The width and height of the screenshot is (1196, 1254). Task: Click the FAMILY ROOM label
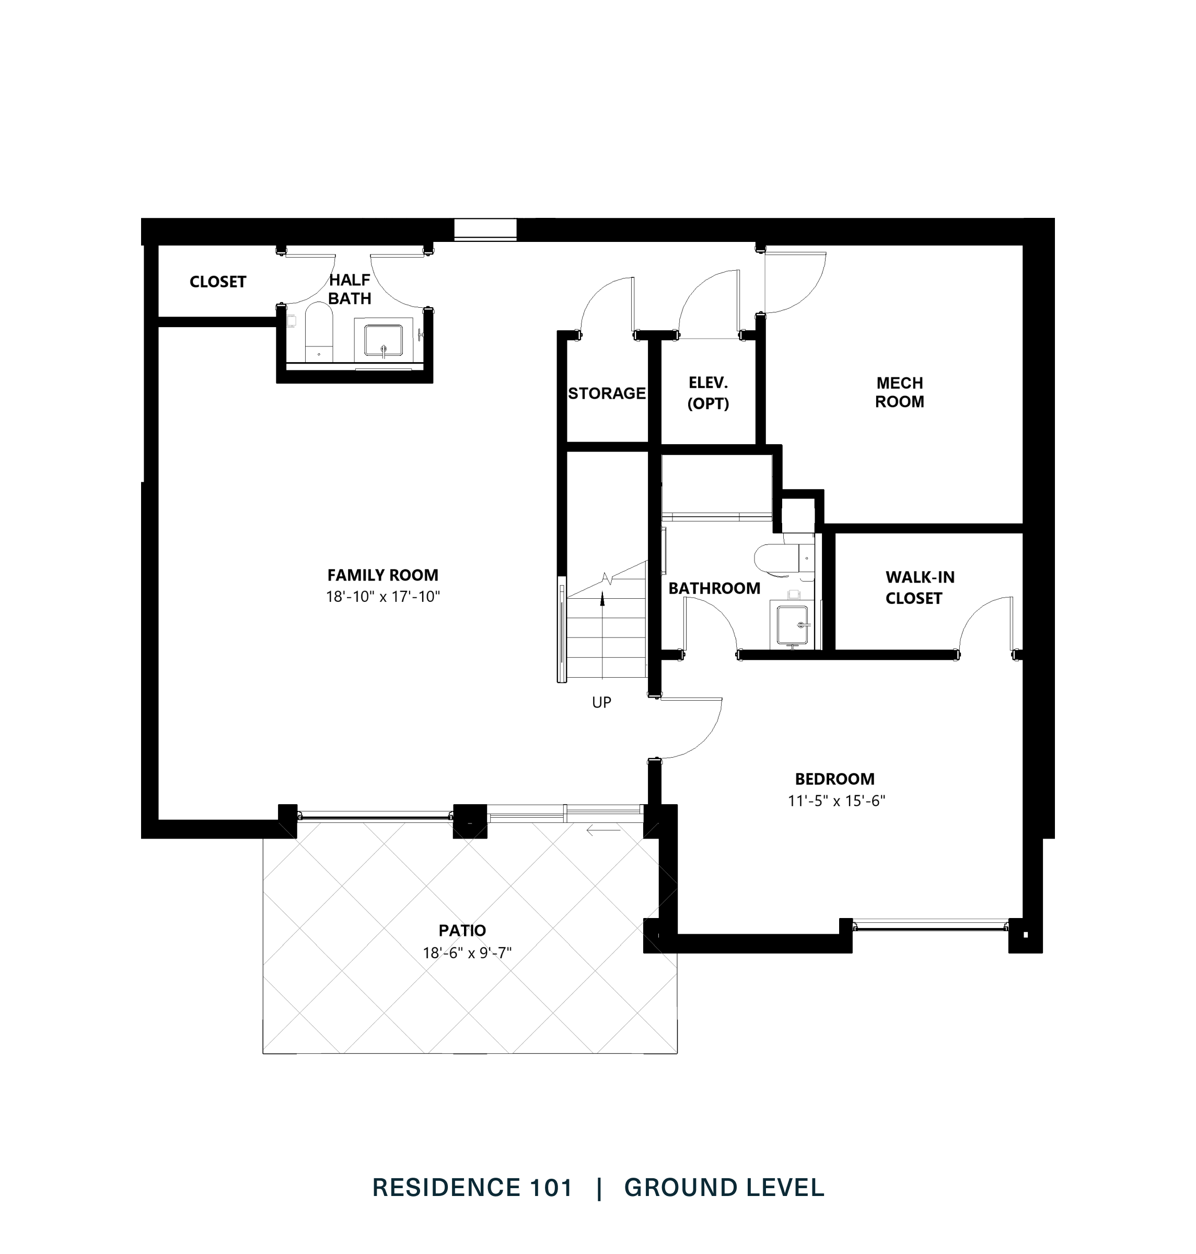tap(382, 575)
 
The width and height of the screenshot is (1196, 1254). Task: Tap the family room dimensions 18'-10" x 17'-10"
tap(382, 597)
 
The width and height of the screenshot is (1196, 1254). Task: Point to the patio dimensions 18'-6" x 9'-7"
tap(467, 953)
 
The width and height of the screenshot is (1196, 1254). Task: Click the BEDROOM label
tap(834, 779)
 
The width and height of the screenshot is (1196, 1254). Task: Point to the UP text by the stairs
tap(601, 703)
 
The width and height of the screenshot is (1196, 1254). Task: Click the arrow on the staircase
tap(602, 599)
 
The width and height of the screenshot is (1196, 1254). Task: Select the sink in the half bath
tap(383, 341)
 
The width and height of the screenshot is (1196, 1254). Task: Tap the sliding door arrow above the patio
tap(603, 830)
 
